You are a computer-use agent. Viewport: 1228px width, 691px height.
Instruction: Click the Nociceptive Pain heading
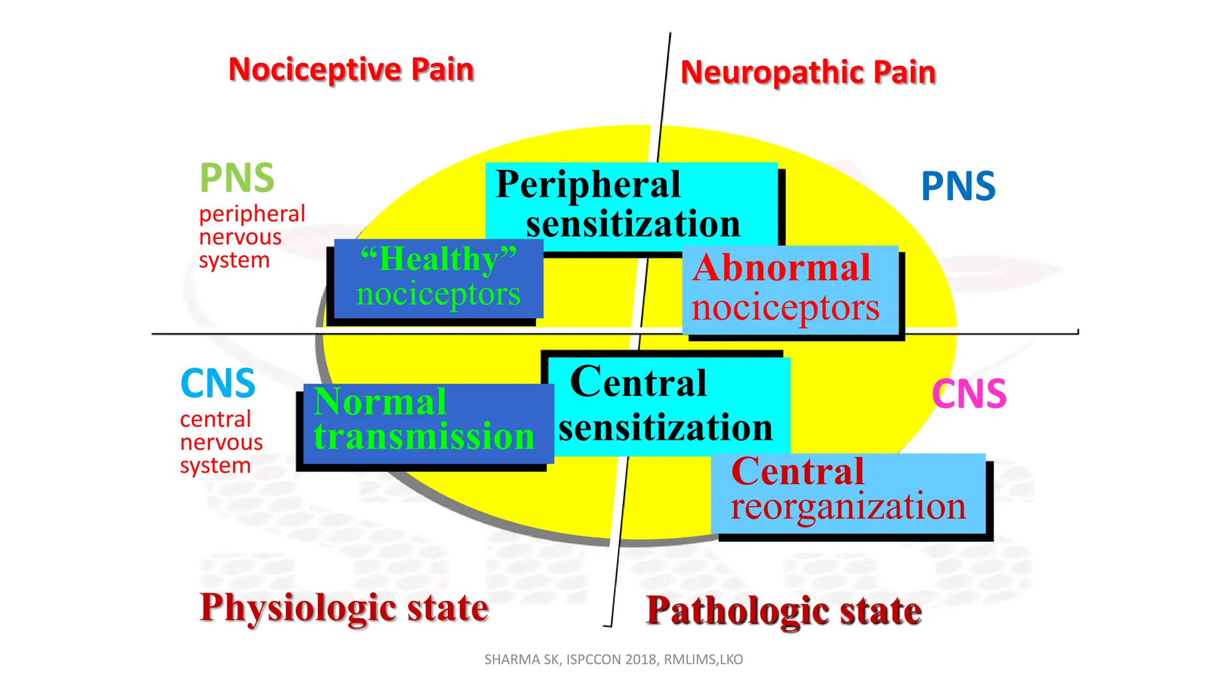351,70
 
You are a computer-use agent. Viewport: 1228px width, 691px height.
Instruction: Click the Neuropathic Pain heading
808,73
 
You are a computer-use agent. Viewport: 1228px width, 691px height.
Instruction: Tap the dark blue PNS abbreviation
958,186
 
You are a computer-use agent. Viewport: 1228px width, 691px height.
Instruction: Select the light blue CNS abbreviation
218,383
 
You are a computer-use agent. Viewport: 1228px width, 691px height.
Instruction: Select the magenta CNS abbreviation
968,394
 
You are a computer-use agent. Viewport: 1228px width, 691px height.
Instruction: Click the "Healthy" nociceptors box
438,277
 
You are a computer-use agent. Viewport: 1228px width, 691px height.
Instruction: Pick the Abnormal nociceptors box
790,289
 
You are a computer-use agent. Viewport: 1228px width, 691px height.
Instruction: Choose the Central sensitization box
669,405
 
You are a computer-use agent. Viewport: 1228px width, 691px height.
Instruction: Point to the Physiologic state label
344,608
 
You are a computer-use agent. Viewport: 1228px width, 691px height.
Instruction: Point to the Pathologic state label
783,611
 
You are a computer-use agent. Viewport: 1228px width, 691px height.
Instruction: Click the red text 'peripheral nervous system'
251,237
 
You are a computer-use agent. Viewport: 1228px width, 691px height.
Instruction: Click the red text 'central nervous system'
221,442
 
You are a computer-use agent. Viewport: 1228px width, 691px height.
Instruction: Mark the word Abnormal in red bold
781,268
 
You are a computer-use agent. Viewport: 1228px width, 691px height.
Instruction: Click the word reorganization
848,507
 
